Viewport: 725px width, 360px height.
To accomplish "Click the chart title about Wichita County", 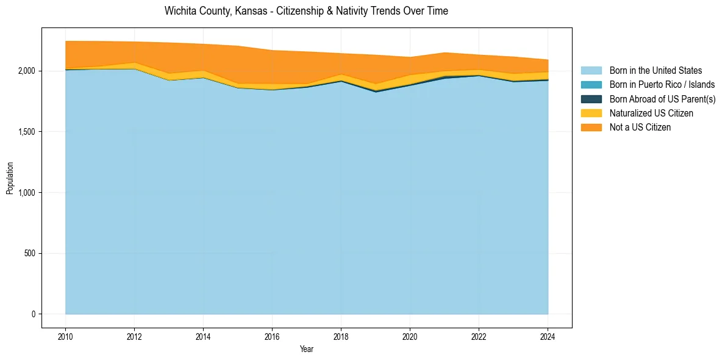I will pyautogui.click(x=306, y=12).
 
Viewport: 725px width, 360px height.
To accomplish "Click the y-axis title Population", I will pyautogui.click(x=10, y=178).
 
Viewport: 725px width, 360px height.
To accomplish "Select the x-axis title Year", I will pyautogui.click(x=307, y=349).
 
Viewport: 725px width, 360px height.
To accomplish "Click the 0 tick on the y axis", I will pyautogui.click(x=34, y=314).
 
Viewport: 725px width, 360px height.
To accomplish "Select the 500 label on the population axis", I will pyautogui.click(x=30, y=253).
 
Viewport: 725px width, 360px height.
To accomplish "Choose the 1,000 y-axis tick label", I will pyautogui.click(x=27, y=192).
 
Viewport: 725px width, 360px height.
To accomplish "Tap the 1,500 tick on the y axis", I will pyautogui.click(x=27, y=132).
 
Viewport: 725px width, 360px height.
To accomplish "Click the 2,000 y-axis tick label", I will pyautogui.click(x=27, y=71).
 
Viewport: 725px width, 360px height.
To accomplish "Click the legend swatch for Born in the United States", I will pyautogui.click(x=591, y=71).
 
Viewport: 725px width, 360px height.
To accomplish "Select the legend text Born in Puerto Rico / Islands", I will pyautogui.click(x=662, y=85).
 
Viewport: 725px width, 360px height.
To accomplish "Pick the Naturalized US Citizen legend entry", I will pyautogui.click(x=651, y=113).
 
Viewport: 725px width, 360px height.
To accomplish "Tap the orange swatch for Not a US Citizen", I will pyautogui.click(x=591, y=128).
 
